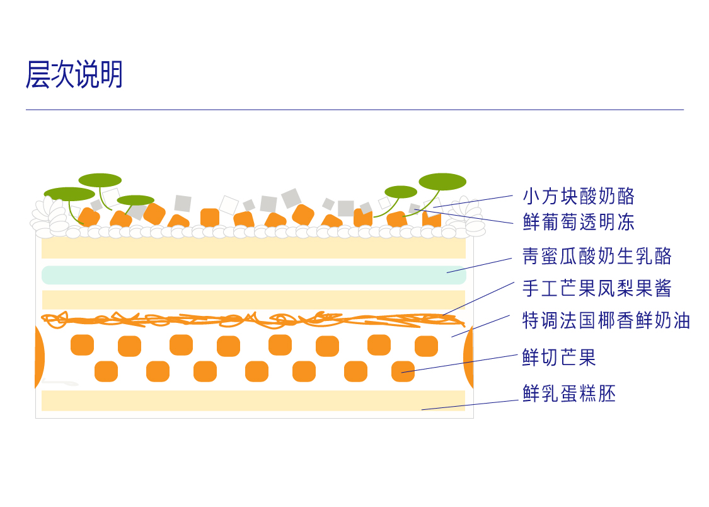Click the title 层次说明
click(x=74, y=75)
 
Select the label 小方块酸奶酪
click(x=578, y=196)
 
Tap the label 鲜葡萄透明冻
click(x=578, y=221)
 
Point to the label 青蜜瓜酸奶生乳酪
click(x=597, y=256)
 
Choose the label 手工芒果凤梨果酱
click(x=597, y=288)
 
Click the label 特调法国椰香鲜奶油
click(x=606, y=320)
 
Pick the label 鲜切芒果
click(x=559, y=358)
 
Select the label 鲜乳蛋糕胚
click(x=568, y=393)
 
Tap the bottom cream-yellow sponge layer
click(x=252, y=400)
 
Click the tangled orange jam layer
click(x=252, y=320)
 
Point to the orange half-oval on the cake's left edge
click(x=40, y=356)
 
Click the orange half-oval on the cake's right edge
click(x=469, y=357)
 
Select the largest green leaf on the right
click(x=442, y=182)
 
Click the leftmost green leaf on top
click(x=69, y=194)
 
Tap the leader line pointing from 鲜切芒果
click(x=460, y=363)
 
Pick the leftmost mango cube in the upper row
click(x=82, y=345)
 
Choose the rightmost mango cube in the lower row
click(x=403, y=371)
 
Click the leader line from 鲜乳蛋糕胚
click(x=470, y=405)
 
